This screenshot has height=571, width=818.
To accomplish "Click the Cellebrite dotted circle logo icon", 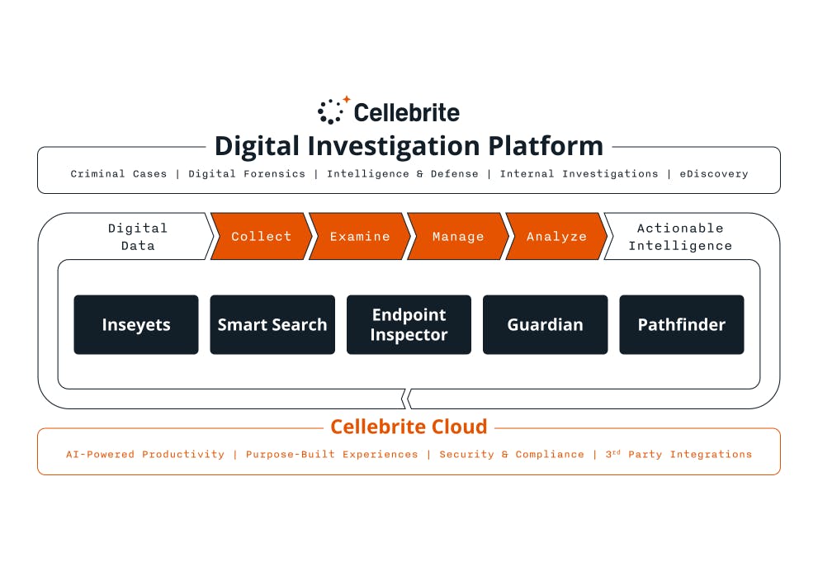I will (332, 111).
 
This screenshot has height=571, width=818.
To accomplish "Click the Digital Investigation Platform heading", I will (409, 146).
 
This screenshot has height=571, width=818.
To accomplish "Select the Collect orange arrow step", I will (261, 237).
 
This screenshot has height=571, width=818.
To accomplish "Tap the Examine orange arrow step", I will (360, 237).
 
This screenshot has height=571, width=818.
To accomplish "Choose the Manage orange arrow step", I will (458, 237).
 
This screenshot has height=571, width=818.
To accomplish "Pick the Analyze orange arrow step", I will (556, 237).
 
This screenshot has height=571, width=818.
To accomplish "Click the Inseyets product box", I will (136, 325).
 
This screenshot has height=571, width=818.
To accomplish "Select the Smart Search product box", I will (272, 325).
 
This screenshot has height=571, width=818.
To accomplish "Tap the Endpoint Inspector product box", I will (409, 325).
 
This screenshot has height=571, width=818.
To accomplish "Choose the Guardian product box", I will (545, 325).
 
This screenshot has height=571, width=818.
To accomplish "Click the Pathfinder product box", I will (681, 325).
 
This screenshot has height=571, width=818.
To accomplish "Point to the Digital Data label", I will (138, 237).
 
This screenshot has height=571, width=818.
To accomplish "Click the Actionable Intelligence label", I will (680, 237).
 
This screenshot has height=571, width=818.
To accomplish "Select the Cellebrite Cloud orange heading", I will (409, 427).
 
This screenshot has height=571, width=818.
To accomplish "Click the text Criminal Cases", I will (119, 174).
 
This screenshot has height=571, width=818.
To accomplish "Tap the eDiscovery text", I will (713, 174).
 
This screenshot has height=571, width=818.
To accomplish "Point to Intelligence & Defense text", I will (402, 174).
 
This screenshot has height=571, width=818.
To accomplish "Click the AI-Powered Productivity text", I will (145, 455).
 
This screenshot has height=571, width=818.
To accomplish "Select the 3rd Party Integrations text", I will (679, 455).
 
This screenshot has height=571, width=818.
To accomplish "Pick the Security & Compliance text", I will (511, 455).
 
